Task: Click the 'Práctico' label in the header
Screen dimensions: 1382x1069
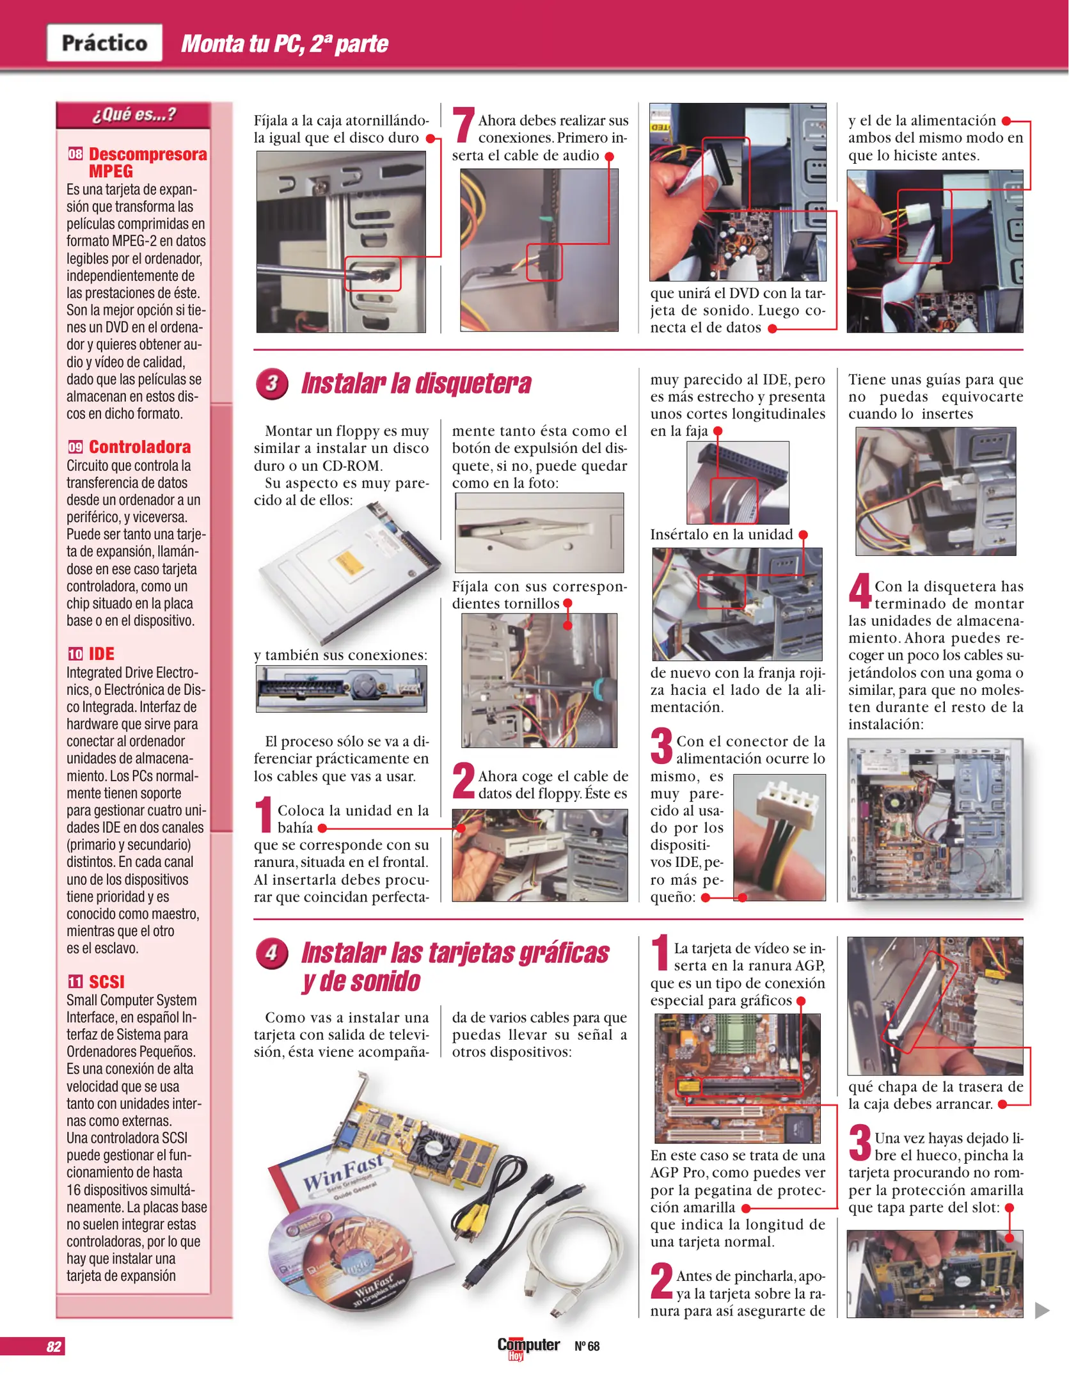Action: tap(104, 43)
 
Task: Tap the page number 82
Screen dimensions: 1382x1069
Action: tap(54, 1346)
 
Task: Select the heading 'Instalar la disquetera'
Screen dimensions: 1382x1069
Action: tap(416, 383)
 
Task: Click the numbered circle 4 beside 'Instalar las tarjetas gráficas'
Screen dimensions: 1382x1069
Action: tap(272, 953)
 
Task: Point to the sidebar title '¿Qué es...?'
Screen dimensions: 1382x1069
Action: tap(133, 115)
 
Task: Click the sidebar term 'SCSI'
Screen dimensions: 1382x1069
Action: tap(106, 981)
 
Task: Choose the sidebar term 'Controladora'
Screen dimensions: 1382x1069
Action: tap(139, 447)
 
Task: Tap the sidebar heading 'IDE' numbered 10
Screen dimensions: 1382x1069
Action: tap(101, 653)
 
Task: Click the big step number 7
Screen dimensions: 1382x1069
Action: tap(463, 126)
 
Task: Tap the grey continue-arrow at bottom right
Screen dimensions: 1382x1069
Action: tap(1042, 1310)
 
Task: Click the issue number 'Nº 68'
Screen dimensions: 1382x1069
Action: tap(587, 1346)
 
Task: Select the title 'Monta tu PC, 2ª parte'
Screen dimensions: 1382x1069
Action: tap(285, 44)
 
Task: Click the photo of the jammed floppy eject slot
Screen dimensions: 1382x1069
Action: tap(539, 532)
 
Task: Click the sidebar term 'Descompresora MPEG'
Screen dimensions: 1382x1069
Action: tap(147, 163)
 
